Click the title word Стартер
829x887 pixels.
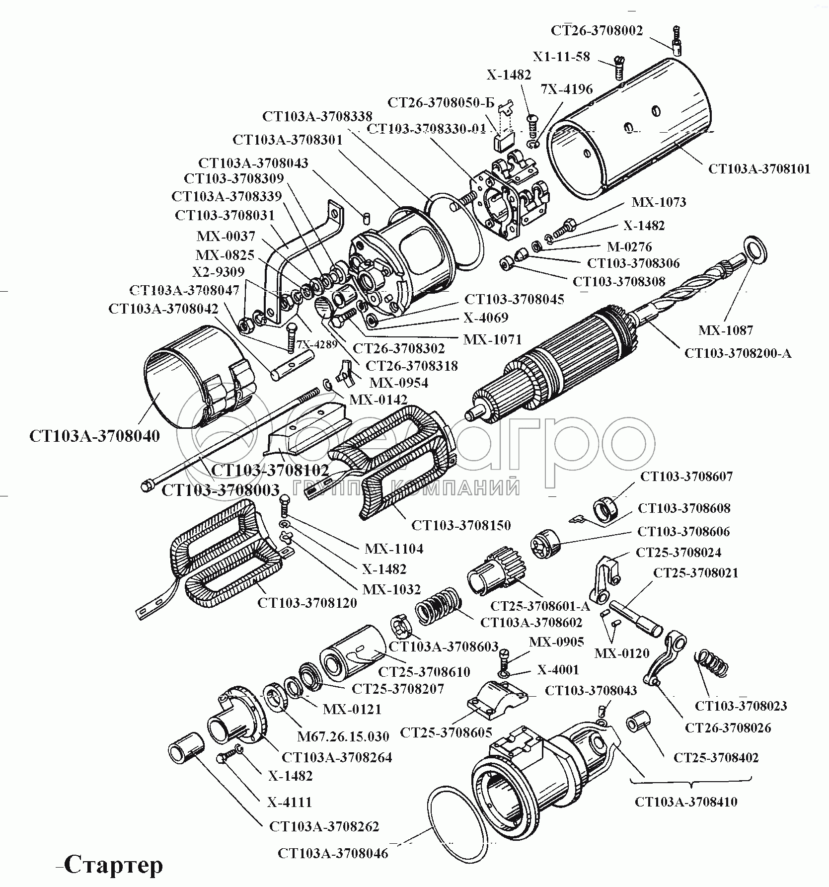[114, 865]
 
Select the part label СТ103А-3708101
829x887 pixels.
[759, 169]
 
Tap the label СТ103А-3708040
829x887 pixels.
[95, 436]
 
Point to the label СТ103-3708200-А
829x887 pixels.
[738, 353]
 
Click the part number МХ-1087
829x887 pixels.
[726, 330]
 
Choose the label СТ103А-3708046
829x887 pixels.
[333, 854]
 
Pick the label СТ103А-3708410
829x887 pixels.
[686, 802]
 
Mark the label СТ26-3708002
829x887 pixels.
[597, 30]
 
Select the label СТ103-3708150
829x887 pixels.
[461, 525]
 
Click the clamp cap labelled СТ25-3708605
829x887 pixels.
[500, 700]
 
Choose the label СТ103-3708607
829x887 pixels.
[686, 476]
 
